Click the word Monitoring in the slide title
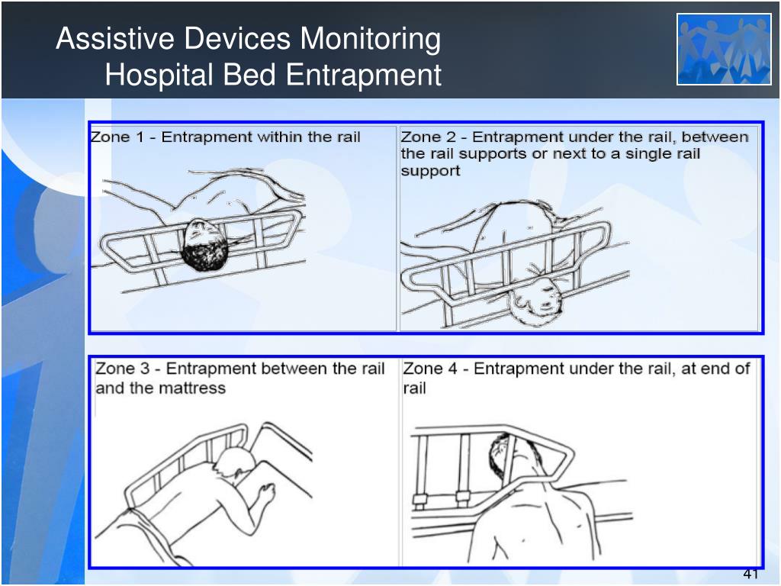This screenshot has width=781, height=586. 370,40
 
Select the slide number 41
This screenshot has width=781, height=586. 750,575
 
